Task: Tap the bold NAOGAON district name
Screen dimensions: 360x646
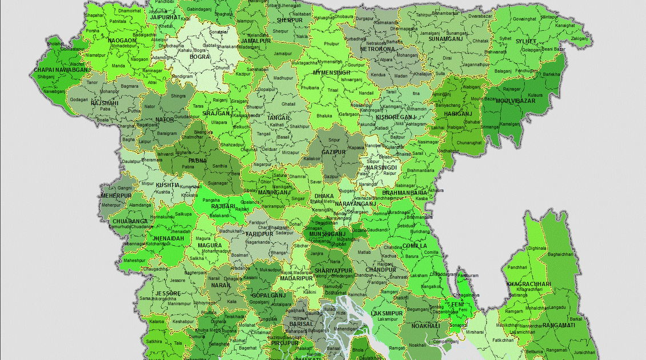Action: pos(122,41)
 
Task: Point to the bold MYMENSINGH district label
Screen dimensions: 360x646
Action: pos(332,73)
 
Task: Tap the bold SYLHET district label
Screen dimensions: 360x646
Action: pos(526,42)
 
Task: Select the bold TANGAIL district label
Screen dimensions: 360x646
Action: pos(279,118)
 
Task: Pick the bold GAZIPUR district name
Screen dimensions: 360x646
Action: pos(334,153)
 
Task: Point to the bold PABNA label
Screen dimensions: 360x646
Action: pos(198,161)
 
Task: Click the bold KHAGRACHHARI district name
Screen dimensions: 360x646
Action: pos(528,284)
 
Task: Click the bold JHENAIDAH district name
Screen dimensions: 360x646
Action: pos(164,238)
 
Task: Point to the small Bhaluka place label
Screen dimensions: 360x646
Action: pos(324,115)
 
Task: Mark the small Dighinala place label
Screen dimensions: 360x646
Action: pos(537,249)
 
